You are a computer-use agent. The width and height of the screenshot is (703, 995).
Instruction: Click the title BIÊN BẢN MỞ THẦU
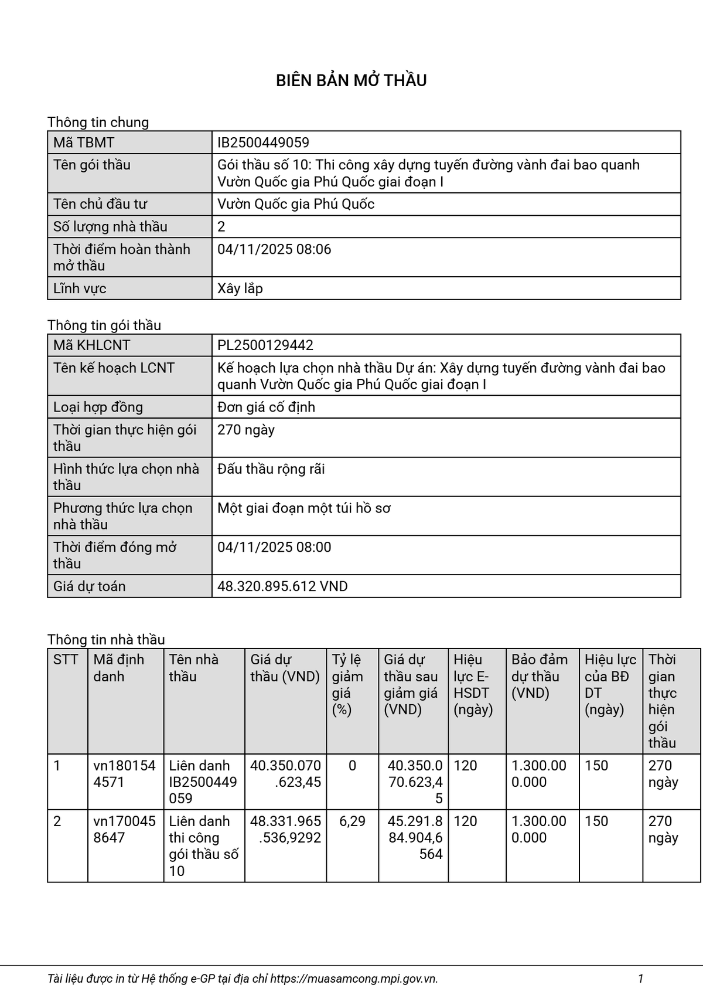[x=351, y=80]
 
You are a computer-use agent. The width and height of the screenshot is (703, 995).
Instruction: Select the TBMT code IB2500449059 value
[x=263, y=142]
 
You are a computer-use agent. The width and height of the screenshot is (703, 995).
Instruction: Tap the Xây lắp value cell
[x=240, y=288]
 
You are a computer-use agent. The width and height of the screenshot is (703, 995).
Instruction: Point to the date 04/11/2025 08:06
[x=274, y=249]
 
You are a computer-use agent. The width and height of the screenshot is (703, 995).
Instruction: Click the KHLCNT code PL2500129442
[x=265, y=345]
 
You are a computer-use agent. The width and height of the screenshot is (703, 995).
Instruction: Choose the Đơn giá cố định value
[x=266, y=407]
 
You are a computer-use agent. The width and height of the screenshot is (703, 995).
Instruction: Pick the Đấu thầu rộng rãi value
[x=271, y=469]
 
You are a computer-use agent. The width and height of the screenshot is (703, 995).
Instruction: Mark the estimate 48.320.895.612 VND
[x=282, y=586]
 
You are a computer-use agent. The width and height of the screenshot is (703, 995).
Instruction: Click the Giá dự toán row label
[x=89, y=586]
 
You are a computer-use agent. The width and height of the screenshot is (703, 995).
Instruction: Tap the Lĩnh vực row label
[x=80, y=288]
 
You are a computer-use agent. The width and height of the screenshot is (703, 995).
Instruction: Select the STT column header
[x=66, y=660]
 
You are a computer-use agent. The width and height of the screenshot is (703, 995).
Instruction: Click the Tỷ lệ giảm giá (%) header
[x=347, y=684]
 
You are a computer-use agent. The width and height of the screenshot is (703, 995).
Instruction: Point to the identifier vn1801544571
[x=124, y=773]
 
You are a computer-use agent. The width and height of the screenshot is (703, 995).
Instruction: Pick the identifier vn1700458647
[x=124, y=829]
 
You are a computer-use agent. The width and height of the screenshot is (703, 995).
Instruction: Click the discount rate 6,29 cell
[x=352, y=821]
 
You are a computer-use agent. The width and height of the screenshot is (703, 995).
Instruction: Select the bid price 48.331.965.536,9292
[x=286, y=829]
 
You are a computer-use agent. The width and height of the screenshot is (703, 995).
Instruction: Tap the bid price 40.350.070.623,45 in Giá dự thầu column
[x=286, y=773]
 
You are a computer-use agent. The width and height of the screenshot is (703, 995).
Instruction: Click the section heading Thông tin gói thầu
[x=104, y=325]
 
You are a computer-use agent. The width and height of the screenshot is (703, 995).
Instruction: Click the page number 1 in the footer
[x=641, y=978]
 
